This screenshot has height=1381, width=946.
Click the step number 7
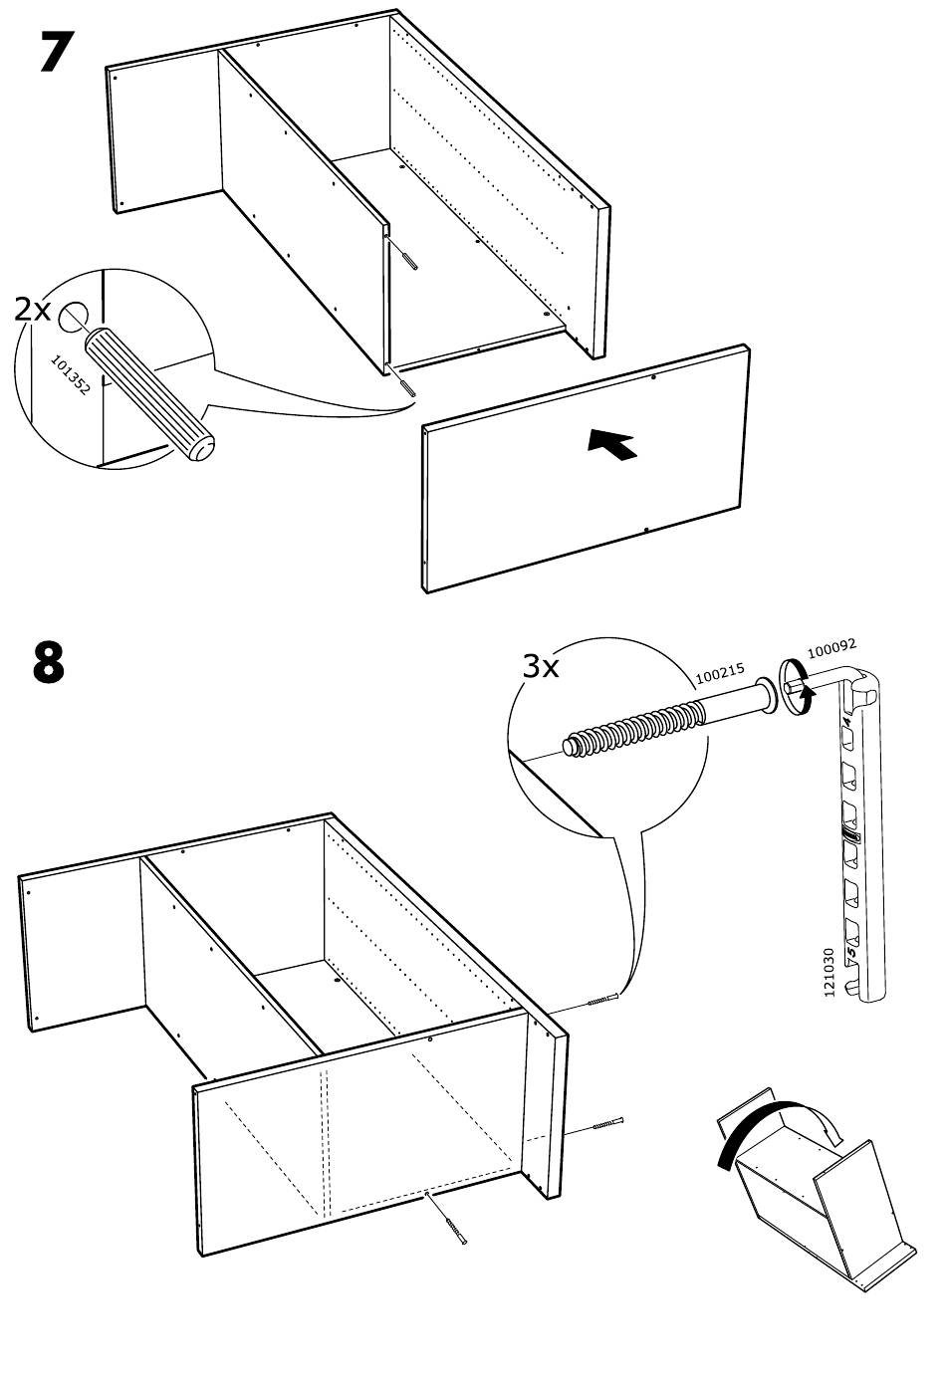pyautogui.click(x=57, y=52)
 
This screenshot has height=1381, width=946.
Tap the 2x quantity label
pyautogui.click(x=32, y=310)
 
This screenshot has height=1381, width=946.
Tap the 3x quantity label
pyautogui.click(x=541, y=666)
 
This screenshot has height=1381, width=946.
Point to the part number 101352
pyautogui.click(x=70, y=374)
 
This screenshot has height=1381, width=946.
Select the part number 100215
pyautogui.click(x=720, y=673)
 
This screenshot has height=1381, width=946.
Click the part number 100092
pyautogui.click(x=831, y=648)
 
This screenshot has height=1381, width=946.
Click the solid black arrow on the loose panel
pyautogui.click(x=611, y=444)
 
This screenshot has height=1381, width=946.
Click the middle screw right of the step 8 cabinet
pyautogui.click(x=608, y=1123)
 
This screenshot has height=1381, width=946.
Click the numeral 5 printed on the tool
pyautogui.click(x=851, y=952)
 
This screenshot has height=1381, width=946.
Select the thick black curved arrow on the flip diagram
pyautogui.click(x=759, y=1128)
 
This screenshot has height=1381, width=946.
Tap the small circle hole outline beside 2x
pyautogui.click(x=73, y=317)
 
